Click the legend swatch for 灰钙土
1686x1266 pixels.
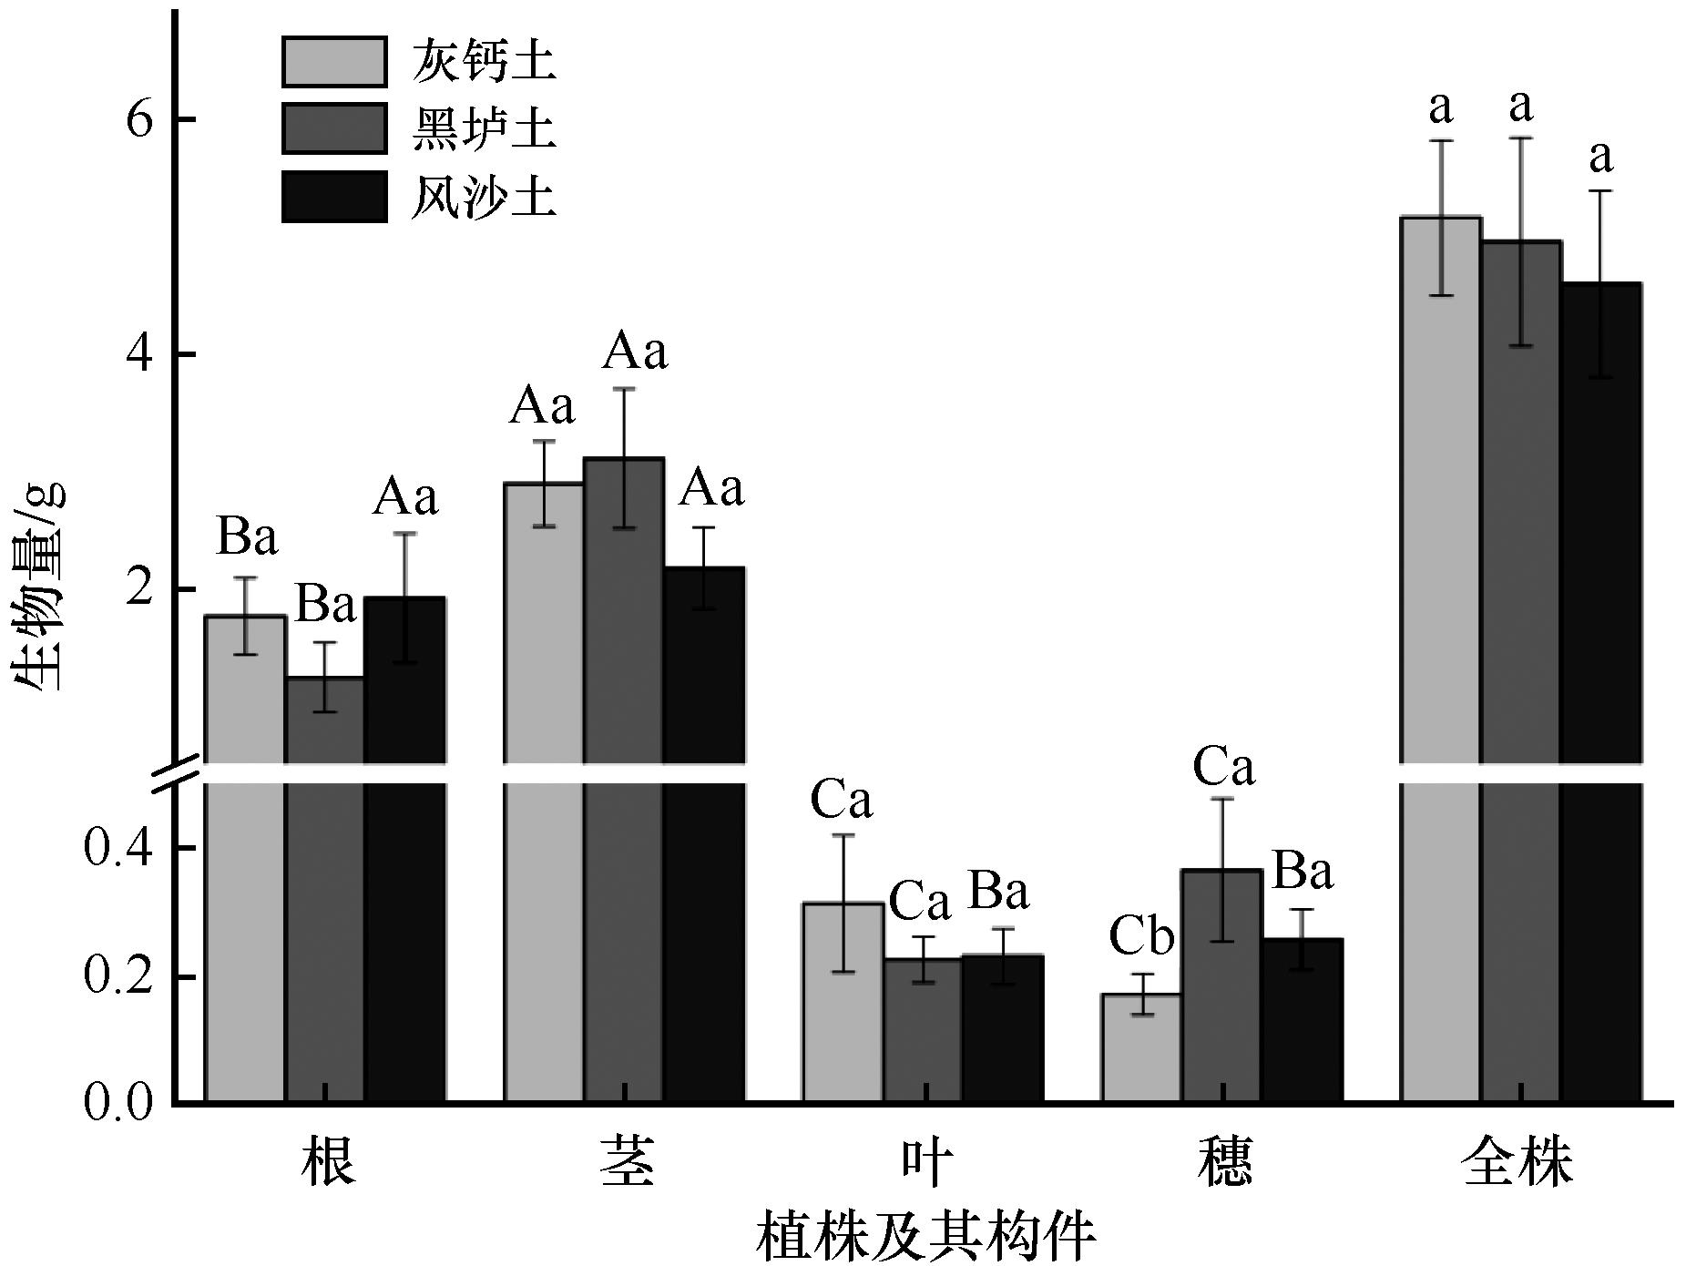[334, 62]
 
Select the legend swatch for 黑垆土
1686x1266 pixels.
[334, 129]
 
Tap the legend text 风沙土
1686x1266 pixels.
[483, 196]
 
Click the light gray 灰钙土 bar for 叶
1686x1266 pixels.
[843, 1002]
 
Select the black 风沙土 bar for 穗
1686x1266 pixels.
[1302, 1020]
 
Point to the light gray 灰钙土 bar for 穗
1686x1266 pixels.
[1141, 1047]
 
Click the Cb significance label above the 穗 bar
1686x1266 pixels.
[1141, 936]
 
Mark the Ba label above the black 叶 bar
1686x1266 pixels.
[998, 891]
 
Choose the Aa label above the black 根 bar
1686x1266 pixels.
[405, 497]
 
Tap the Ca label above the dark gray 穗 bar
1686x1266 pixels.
[1223, 767]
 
